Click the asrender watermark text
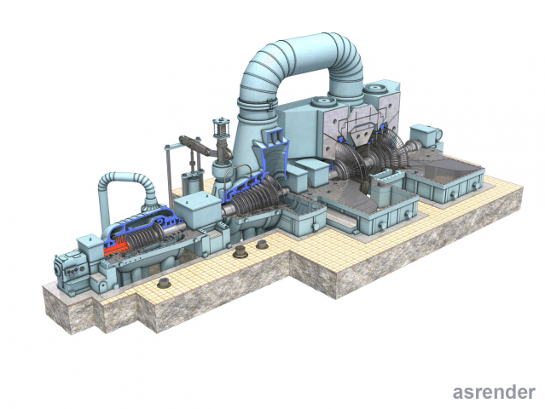coord(494,392)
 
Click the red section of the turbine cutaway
coord(116,248)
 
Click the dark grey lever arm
coord(195,145)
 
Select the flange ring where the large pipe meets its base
coord(258,104)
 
